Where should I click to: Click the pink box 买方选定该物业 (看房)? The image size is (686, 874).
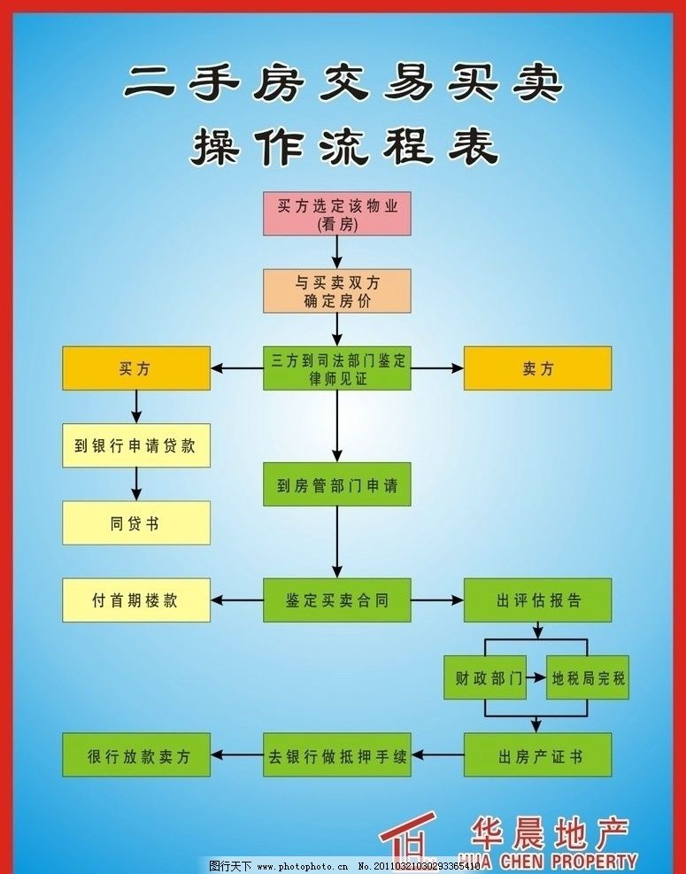click(x=337, y=213)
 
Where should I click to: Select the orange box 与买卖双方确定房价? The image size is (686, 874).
click(x=337, y=290)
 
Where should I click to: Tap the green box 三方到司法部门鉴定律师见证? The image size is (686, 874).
click(x=337, y=368)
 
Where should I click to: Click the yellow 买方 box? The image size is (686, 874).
click(x=135, y=368)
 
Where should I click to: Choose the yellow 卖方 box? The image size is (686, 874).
click(x=537, y=368)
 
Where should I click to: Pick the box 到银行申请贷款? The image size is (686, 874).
click(x=135, y=445)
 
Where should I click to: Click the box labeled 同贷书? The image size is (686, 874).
click(x=135, y=522)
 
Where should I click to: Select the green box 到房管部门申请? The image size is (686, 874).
click(x=337, y=484)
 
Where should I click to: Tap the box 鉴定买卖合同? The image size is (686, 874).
click(x=337, y=600)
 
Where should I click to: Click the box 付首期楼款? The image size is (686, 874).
click(x=135, y=600)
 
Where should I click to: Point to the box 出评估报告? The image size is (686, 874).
click(x=537, y=600)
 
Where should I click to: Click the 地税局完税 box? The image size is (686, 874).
click(x=588, y=678)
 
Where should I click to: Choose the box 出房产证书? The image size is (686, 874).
click(x=537, y=755)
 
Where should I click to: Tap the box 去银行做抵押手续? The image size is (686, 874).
click(x=337, y=755)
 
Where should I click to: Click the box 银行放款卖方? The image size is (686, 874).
click(x=135, y=755)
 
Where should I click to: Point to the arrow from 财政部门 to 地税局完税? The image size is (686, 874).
click(x=536, y=678)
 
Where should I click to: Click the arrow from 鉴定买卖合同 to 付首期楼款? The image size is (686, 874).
click(x=236, y=600)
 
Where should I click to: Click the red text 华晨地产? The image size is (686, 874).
click(x=550, y=832)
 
